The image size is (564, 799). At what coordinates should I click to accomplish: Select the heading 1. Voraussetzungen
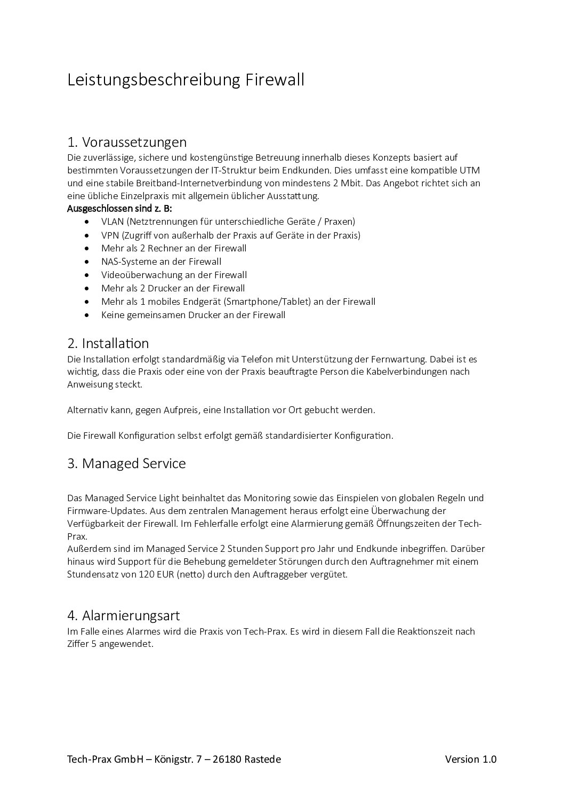coord(127,143)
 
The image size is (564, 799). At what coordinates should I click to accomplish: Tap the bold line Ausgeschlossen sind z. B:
coord(119,208)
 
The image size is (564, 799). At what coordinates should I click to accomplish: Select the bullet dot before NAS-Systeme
coord(87,262)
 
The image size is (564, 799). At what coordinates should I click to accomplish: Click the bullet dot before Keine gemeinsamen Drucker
coord(87,315)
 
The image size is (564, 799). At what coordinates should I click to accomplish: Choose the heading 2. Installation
coord(108,343)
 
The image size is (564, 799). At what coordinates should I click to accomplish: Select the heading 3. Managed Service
coord(126,463)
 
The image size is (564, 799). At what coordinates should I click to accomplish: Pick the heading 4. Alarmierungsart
coord(124,615)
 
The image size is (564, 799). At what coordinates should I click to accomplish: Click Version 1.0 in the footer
coord(471,759)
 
